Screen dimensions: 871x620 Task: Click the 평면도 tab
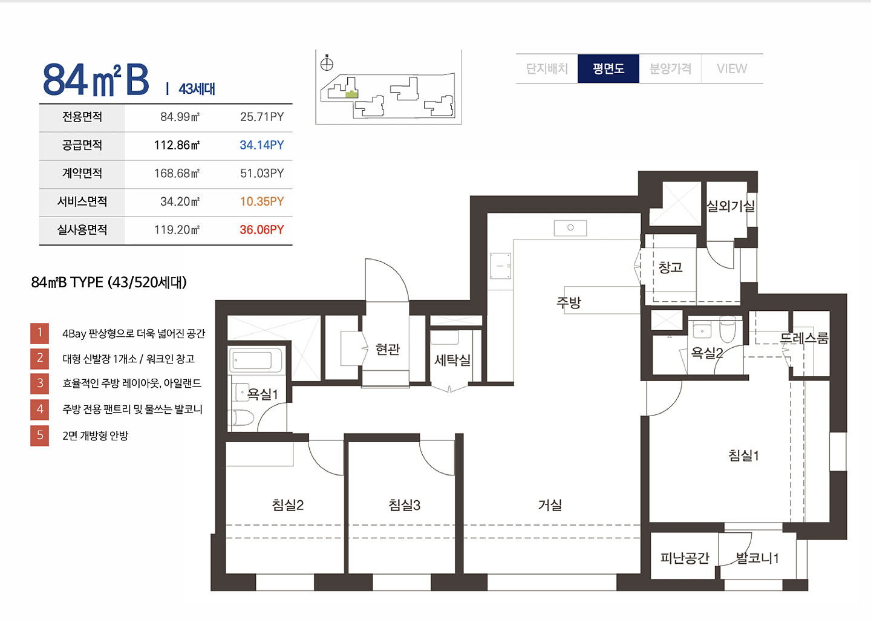[x=608, y=68]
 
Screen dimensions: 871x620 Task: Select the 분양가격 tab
[x=670, y=68]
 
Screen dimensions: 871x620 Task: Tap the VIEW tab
[x=732, y=68]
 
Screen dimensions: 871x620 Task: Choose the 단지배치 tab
[x=547, y=68]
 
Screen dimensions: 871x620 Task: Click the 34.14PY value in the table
[x=262, y=145]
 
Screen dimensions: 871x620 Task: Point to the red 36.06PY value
[x=262, y=230]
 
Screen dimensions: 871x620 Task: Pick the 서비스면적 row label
[x=82, y=201]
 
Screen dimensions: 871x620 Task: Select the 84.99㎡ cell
[x=180, y=117]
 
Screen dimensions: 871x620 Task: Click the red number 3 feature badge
[x=40, y=383]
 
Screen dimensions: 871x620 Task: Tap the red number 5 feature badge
[x=40, y=436]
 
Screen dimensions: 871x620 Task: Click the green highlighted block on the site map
[x=351, y=94]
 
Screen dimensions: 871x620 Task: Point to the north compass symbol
[x=327, y=64]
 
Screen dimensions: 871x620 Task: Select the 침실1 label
[x=743, y=455]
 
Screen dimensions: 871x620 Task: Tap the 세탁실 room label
[x=452, y=360]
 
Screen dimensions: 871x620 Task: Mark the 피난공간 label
[x=685, y=558]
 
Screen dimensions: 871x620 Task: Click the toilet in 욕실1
[x=243, y=418]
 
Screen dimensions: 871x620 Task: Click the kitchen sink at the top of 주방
[x=570, y=228]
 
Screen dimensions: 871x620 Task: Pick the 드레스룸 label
[x=804, y=338]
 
